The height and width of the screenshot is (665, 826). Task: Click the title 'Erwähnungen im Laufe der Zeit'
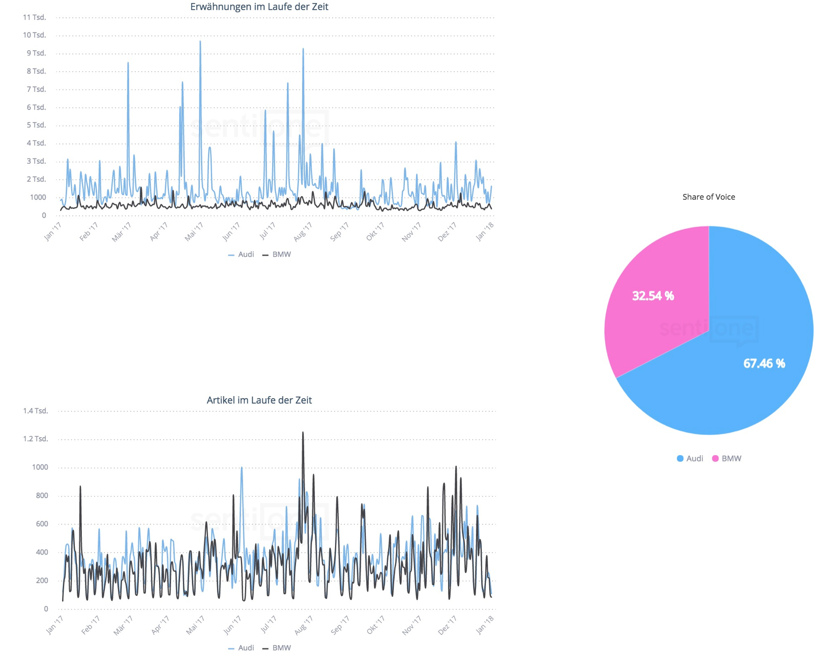coord(259,7)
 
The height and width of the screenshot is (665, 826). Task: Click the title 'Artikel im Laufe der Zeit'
coord(259,400)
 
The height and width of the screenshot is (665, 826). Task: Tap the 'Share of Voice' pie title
coord(709,197)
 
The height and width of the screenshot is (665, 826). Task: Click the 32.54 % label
coord(653,296)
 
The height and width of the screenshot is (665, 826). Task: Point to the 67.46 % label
coord(764,364)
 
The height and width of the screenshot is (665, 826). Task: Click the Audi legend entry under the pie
coord(690,459)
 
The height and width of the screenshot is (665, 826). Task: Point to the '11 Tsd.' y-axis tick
coord(35,17)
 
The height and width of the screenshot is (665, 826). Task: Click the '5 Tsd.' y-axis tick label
coord(36,125)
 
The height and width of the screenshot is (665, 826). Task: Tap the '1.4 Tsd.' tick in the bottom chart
coord(36,411)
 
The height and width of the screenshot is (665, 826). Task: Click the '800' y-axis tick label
coord(39,496)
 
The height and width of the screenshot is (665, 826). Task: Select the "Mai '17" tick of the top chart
coord(194,232)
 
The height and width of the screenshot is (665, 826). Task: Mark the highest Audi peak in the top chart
coord(200,42)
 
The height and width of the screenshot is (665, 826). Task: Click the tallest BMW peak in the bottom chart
coord(303,433)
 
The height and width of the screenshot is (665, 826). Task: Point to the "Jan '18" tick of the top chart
coord(485,232)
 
